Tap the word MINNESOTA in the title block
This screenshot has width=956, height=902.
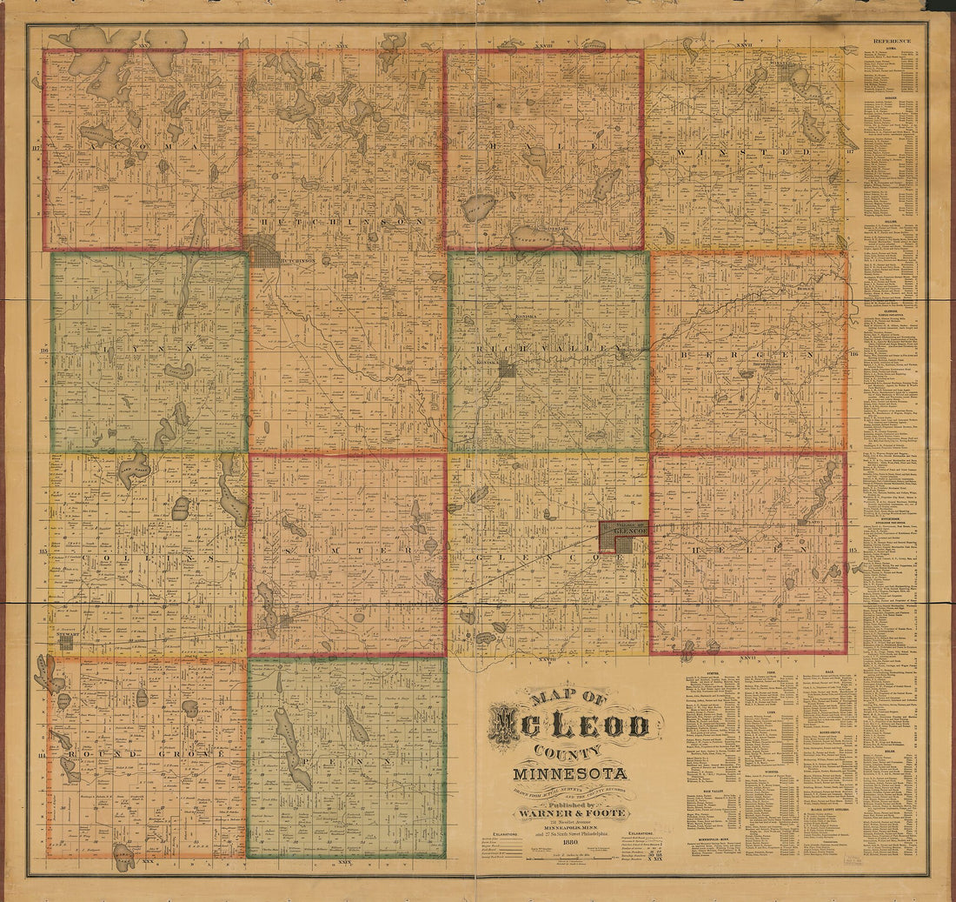(570, 774)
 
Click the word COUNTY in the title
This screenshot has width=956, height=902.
(571, 752)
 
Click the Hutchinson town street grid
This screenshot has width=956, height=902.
(263, 251)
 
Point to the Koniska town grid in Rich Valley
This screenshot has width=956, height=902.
(507, 369)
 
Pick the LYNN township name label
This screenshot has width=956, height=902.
(148, 350)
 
